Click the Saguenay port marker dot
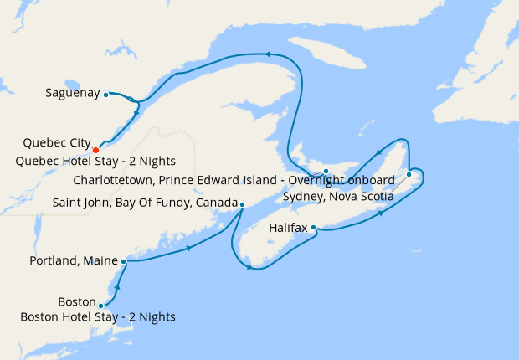pyautogui.click(x=106, y=95)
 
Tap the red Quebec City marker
pyautogui.click(x=95, y=150)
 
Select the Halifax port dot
pyautogui.click(x=313, y=227)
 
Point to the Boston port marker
pyautogui.click(x=100, y=306)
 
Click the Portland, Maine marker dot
pyautogui.click(x=124, y=261)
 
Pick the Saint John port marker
pyautogui.click(x=242, y=204)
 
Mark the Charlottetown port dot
pyautogui.click(x=326, y=171)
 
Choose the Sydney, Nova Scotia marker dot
pyautogui.click(x=409, y=174)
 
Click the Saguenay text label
pyautogui.click(x=72, y=93)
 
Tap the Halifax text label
pyautogui.click(x=288, y=227)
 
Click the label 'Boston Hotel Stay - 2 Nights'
pyautogui.click(x=99, y=316)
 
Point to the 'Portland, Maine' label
pyautogui.click(x=74, y=261)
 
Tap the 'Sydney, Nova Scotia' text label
pyautogui.click(x=338, y=196)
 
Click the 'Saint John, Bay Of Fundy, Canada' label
pyautogui.click(x=144, y=203)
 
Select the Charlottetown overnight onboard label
pyautogui.click(x=234, y=180)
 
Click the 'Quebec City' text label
pyautogui.click(x=57, y=142)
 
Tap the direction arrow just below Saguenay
pyautogui.click(x=136, y=111)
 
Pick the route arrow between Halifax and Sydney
pyautogui.click(x=382, y=213)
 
